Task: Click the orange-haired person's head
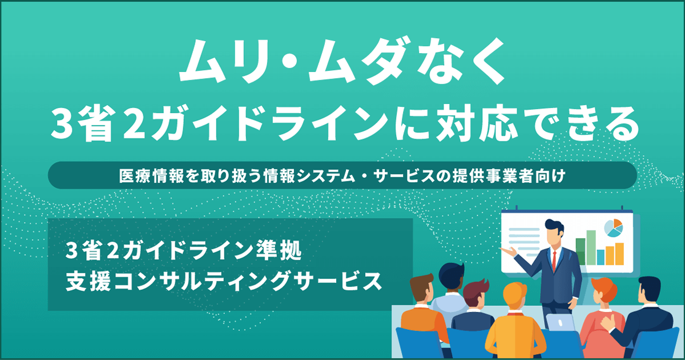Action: [x=605, y=292]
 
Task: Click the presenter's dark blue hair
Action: [x=553, y=225]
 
